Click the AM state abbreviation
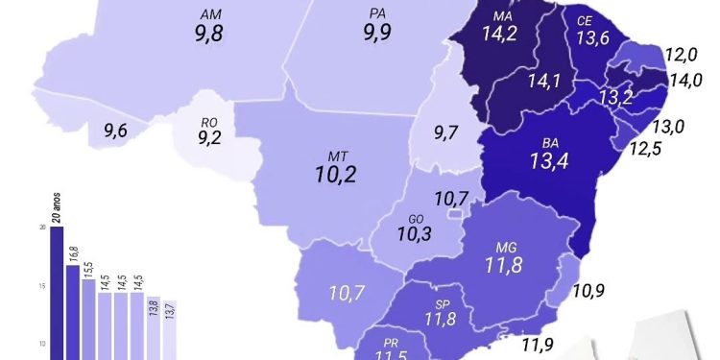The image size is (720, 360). (x=211, y=16)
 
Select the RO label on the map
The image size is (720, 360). (x=208, y=122)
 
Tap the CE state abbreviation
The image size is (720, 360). (x=584, y=21)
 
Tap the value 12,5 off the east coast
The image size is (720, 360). (x=646, y=149)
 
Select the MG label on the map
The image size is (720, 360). (x=507, y=247)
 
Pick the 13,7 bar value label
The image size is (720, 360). (x=169, y=310)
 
